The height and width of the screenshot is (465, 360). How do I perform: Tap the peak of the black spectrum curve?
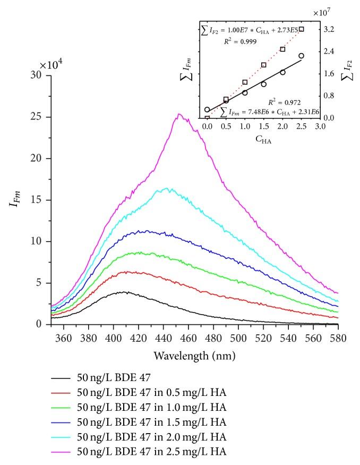click(125, 291)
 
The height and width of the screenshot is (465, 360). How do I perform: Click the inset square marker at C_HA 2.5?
click(301, 29)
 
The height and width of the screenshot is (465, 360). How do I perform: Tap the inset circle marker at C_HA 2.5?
click(301, 56)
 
